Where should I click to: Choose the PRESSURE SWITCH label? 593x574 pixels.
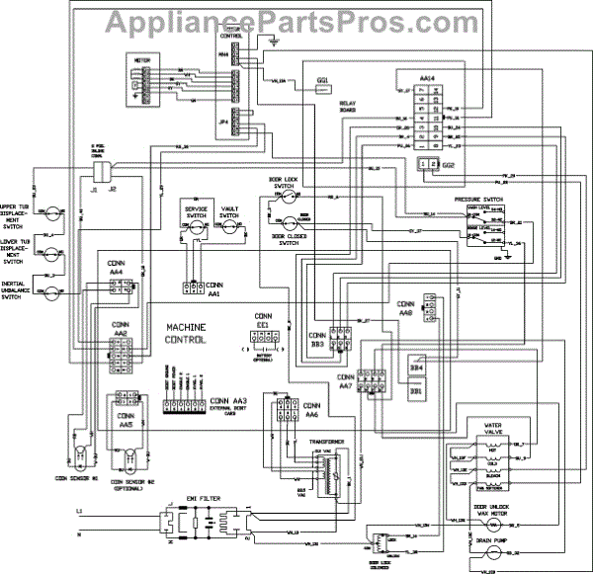(x=482, y=200)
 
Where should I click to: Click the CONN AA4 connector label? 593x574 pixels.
(x=117, y=266)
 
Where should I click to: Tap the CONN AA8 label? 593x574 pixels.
(x=406, y=307)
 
